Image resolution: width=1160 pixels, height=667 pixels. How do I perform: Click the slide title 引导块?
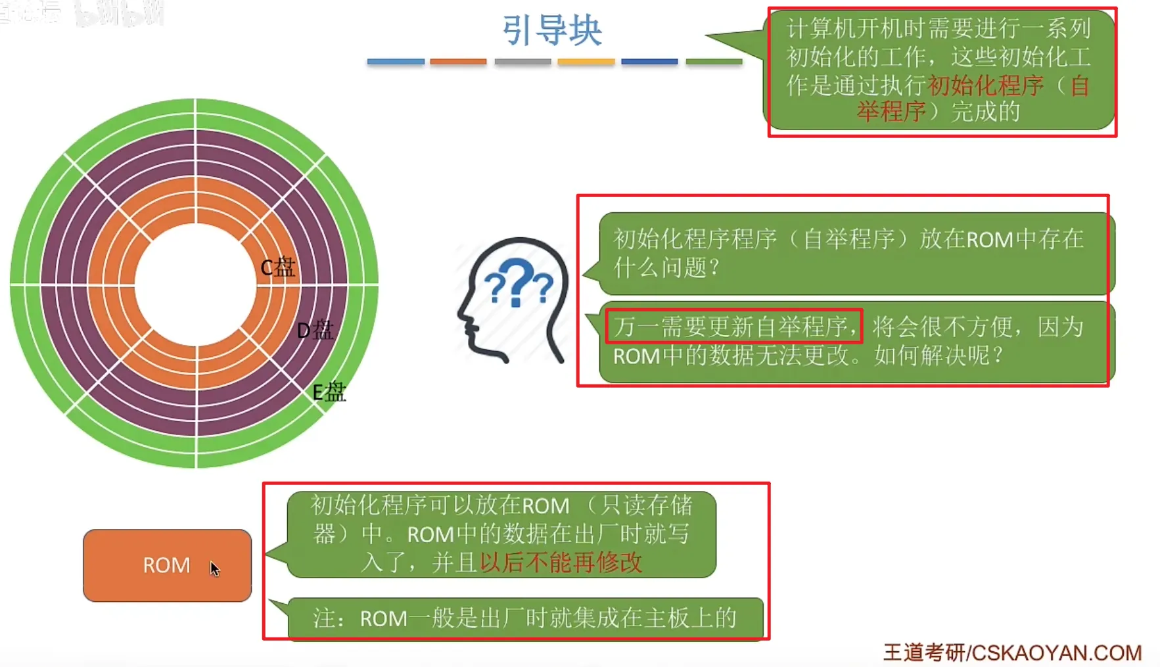[552, 30]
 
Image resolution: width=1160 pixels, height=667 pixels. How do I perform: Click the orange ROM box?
[167, 565]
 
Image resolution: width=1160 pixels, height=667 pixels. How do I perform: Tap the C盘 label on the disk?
[277, 267]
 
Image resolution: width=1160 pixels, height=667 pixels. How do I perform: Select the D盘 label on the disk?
[315, 330]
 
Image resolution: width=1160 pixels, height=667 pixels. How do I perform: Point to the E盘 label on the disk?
[329, 392]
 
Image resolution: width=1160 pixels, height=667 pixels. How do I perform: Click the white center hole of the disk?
[195, 284]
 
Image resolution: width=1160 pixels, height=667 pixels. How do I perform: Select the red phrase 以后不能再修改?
[561, 563]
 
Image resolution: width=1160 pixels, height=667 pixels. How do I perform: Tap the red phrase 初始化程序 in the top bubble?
[985, 85]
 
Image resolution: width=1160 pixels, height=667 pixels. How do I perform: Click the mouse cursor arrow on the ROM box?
[214, 568]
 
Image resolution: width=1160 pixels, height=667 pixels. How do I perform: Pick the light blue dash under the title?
[396, 62]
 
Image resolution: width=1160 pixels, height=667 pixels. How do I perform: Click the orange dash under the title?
[458, 62]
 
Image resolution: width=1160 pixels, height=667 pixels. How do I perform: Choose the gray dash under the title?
[522, 62]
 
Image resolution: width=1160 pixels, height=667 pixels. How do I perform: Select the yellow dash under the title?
[586, 62]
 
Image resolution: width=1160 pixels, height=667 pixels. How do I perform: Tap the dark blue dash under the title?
[649, 62]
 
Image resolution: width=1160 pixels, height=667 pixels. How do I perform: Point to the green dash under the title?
[714, 62]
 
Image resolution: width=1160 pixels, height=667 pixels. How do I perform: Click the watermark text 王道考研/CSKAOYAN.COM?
[1012, 653]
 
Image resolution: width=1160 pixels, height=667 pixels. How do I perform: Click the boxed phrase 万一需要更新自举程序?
[733, 327]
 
